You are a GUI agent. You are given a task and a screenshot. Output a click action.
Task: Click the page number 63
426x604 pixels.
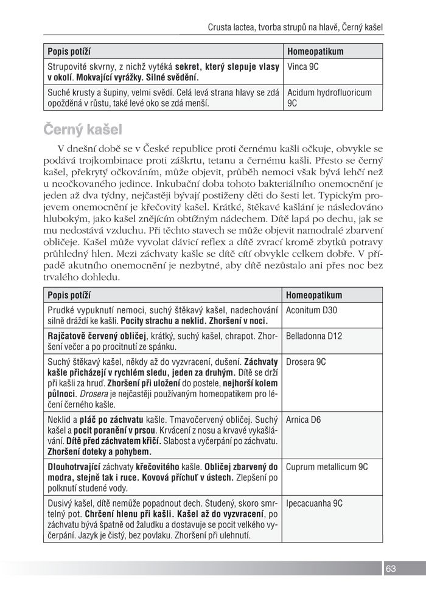tap(391, 569)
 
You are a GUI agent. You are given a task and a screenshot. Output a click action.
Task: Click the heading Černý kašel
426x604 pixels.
tap(83, 130)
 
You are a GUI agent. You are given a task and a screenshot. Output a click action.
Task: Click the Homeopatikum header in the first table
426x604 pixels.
tap(315, 52)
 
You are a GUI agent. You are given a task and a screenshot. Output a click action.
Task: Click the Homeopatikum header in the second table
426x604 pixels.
tap(313, 296)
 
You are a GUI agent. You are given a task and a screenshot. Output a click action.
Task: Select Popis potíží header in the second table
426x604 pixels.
tap(69, 296)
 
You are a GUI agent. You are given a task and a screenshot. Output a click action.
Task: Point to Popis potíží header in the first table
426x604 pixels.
tap(69, 52)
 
